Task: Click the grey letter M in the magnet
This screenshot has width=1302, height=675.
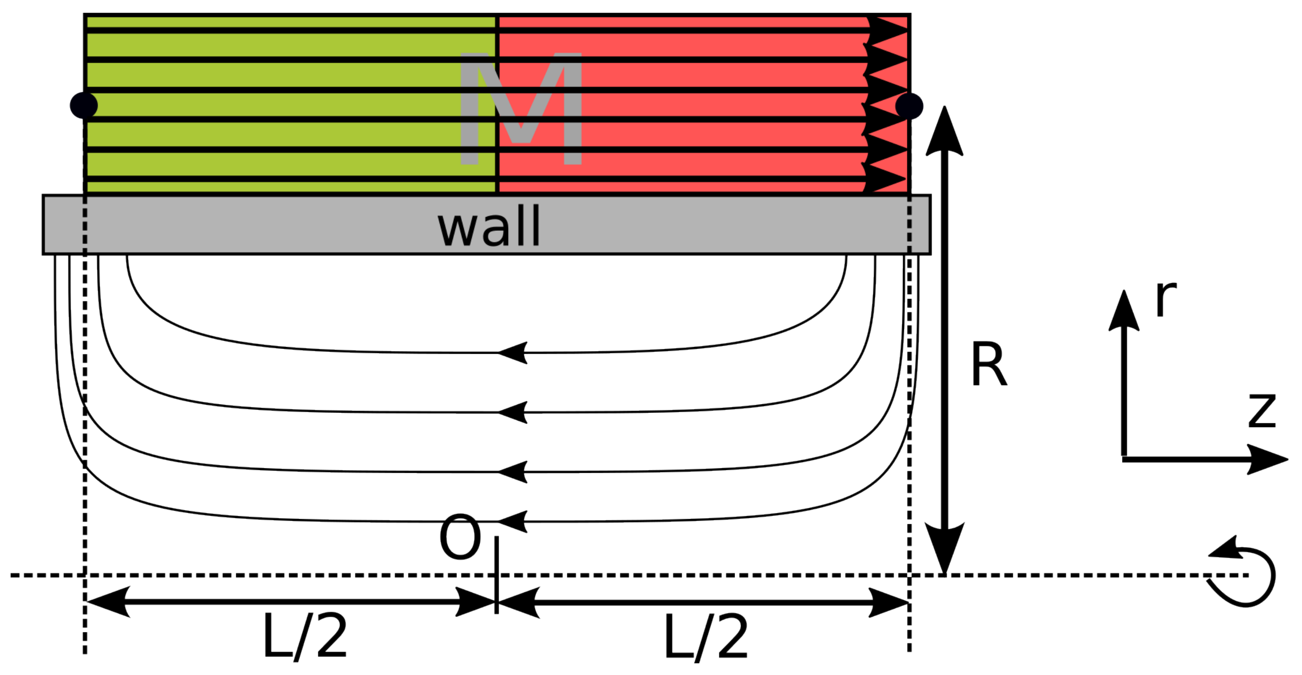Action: [521, 108]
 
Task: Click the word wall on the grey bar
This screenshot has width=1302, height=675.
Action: [489, 227]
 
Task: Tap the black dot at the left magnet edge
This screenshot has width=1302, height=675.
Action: [83, 106]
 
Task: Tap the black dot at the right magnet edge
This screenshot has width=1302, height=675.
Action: [909, 106]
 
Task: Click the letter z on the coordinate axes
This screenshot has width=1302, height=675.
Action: [1262, 411]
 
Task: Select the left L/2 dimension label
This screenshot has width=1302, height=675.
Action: [305, 636]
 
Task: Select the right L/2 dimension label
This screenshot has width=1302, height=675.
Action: [706, 636]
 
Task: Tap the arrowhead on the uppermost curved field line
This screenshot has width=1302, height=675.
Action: [513, 353]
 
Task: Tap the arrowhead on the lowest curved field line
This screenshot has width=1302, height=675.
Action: [513, 521]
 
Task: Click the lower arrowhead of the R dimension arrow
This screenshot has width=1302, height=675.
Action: [944, 548]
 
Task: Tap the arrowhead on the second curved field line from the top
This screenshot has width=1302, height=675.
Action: [513, 412]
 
